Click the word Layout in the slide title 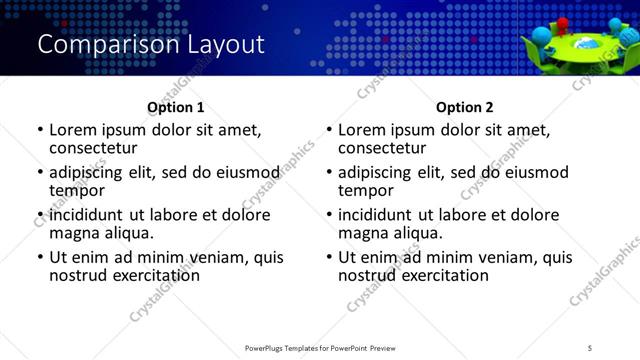tap(222, 45)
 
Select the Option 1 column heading tap(175, 107)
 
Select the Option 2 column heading tap(464, 107)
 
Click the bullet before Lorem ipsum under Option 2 tap(329, 130)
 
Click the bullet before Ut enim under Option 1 tap(40, 257)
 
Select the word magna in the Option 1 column tap(74, 233)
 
